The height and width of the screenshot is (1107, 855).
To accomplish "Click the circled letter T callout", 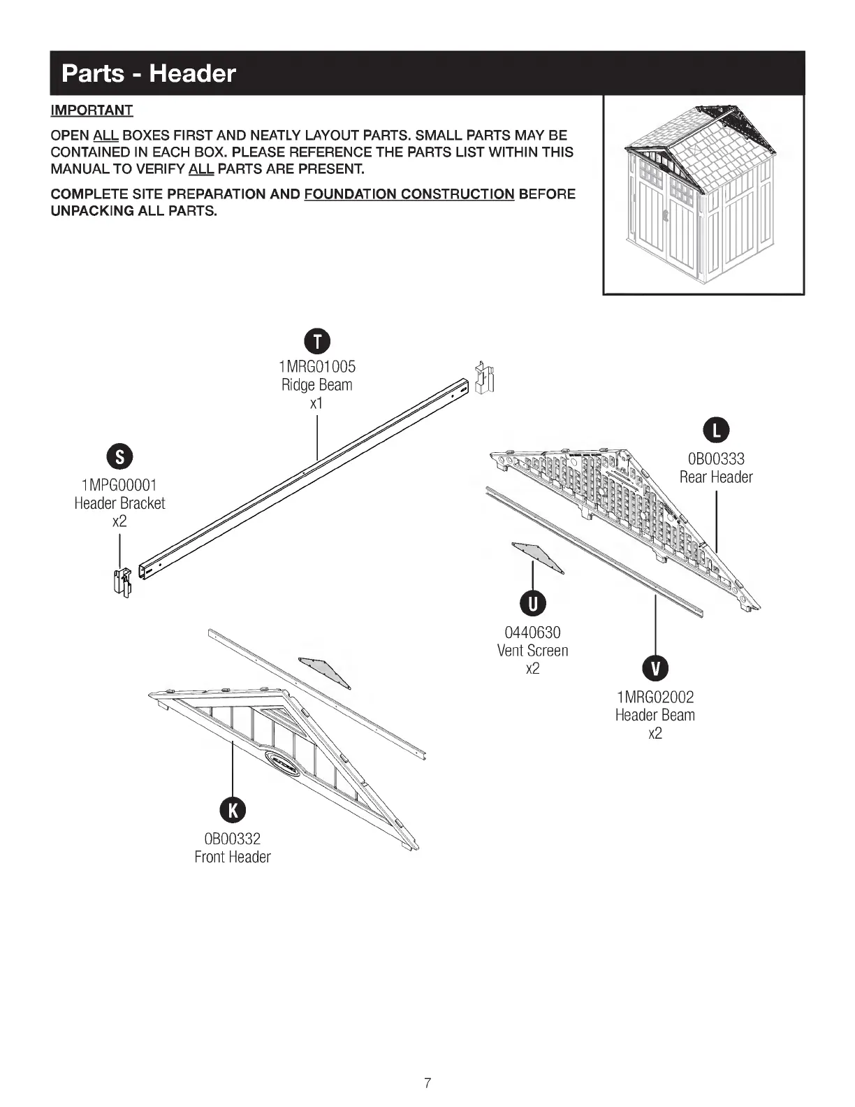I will click(x=318, y=342).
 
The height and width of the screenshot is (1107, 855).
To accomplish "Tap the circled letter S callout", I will click(x=120, y=458).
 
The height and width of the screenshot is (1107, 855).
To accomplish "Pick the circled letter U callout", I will click(x=533, y=604).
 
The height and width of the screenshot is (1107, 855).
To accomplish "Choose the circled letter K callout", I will click(x=233, y=810).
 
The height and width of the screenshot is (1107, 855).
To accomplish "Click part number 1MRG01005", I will click(x=317, y=366).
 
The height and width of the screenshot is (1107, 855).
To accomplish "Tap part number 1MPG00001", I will click(x=119, y=485).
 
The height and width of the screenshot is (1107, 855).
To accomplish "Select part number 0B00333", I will click(x=716, y=459).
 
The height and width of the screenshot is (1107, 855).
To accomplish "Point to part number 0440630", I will click(x=532, y=632).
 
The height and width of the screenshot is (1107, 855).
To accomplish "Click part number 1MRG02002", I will click(x=655, y=697).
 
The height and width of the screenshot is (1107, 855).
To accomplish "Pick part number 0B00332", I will click(x=233, y=839).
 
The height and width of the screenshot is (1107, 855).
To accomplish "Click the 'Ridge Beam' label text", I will click(x=317, y=385).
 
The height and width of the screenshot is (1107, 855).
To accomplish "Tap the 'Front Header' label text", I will click(x=233, y=857).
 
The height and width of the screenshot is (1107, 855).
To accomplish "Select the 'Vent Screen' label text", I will click(x=532, y=651).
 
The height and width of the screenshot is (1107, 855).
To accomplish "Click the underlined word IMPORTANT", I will click(x=92, y=110).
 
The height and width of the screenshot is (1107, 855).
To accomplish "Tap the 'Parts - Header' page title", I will click(x=149, y=73).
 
